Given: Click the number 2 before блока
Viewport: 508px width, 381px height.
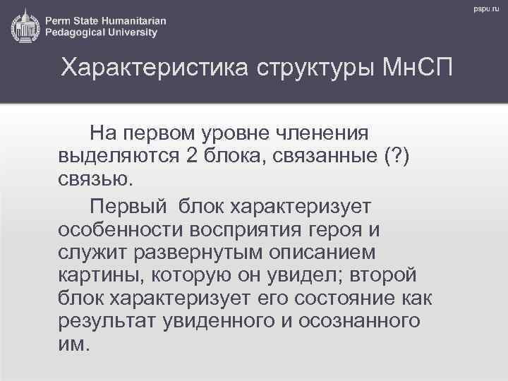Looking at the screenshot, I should click(191, 156).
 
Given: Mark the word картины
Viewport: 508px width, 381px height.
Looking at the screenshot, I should click(96, 274).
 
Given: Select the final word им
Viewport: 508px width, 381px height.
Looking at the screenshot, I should click(73, 345).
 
